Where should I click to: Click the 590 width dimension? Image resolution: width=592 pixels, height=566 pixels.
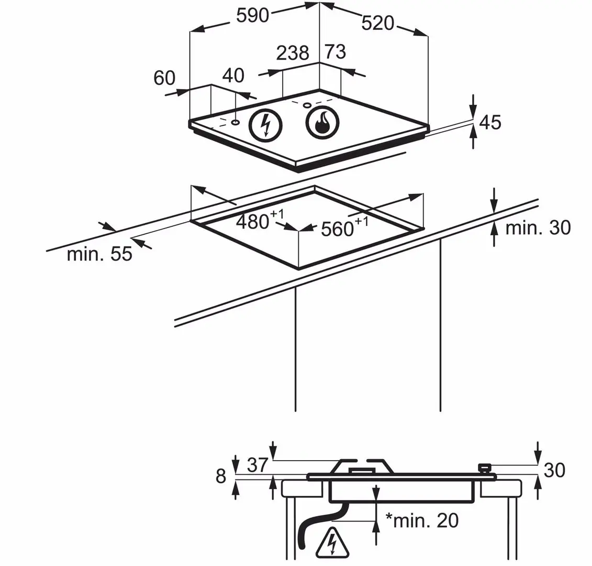pyautogui.click(x=252, y=15)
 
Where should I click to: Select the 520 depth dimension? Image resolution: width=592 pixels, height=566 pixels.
pyautogui.click(x=377, y=23)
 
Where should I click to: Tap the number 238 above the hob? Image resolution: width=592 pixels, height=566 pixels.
pyautogui.click(x=293, y=53)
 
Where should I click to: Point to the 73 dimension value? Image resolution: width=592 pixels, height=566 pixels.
pyautogui.click(x=336, y=52)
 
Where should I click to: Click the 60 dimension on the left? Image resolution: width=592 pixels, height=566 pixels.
pyautogui.click(x=164, y=78)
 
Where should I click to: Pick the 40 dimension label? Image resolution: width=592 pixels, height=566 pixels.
pyautogui.click(x=233, y=75)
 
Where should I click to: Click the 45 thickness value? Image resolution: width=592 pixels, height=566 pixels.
pyautogui.click(x=490, y=122)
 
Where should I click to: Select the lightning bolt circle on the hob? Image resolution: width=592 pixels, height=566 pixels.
pyautogui.click(x=265, y=126)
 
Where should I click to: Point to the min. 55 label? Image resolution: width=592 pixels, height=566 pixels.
pyautogui.click(x=99, y=255)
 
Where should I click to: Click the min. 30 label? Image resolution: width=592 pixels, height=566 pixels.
pyautogui.click(x=538, y=228)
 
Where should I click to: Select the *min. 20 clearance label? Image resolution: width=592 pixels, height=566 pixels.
pyautogui.click(x=422, y=520)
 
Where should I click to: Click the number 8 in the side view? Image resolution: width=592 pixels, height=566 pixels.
pyautogui.click(x=221, y=476)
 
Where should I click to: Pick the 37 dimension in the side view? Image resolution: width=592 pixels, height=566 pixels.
pyautogui.click(x=256, y=465)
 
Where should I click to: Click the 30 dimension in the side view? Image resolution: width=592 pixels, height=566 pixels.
pyautogui.click(x=554, y=470)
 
